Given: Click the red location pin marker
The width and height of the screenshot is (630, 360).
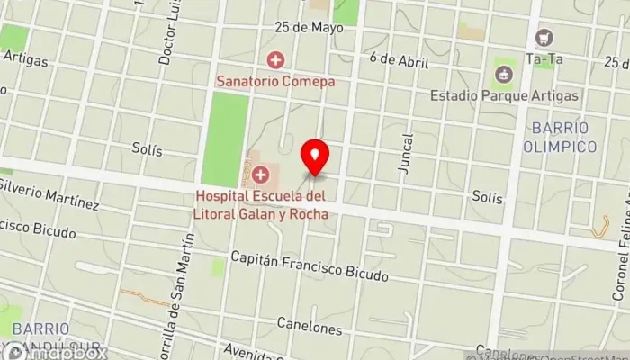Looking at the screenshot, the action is point(315,158).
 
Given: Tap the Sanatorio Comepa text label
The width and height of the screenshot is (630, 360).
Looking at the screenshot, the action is point(275,81).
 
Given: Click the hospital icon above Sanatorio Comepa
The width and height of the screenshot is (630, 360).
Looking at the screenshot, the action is point(275,60).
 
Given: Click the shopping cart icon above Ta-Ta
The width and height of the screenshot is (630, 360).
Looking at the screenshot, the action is point(543,38).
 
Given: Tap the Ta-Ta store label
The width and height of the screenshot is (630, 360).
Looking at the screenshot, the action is point(543,59).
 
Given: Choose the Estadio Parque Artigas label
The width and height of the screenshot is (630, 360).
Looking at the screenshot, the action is point(504,94).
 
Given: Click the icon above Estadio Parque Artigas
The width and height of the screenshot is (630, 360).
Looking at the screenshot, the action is point(504,72).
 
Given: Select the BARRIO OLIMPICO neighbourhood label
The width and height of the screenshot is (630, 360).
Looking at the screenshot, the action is point(560,137).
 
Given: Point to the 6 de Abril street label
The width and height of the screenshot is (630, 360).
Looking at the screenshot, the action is point(398,59).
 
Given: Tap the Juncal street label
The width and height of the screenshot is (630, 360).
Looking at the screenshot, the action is point(407,154).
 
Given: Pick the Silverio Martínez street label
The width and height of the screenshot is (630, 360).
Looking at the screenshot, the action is point(49,192).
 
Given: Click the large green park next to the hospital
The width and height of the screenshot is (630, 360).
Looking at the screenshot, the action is point(224,139).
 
